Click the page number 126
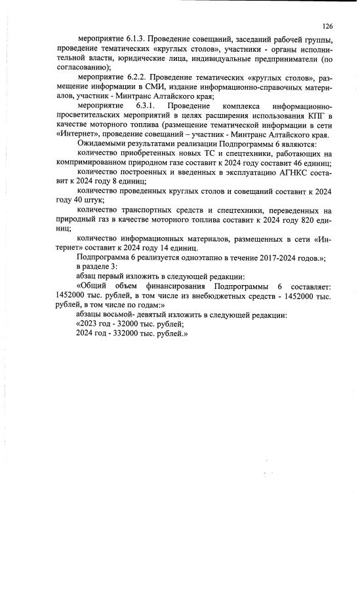328,26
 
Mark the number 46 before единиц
295,163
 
